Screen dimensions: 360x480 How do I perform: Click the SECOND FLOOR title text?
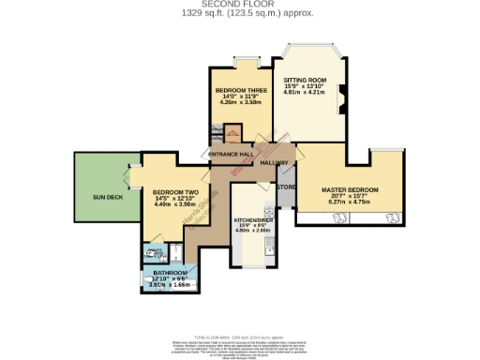pos(240,5)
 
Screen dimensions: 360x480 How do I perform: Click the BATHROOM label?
pos(171,273)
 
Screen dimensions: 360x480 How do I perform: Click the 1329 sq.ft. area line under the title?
pos(240,13)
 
